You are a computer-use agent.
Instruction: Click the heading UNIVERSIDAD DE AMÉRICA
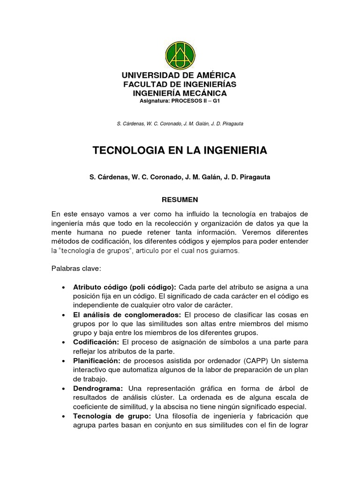click(179, 75)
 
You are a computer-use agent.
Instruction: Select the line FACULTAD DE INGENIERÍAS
click(180, 84)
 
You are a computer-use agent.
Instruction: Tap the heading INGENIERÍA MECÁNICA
click(180, 93)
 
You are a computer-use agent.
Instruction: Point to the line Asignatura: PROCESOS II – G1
click(180, 101)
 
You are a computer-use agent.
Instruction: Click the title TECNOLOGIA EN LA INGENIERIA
click(180, 150)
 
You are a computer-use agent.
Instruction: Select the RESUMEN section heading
click(180, 199)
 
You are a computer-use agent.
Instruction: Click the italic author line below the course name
click(180, 124)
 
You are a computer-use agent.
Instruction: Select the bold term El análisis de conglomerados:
click(127, 314)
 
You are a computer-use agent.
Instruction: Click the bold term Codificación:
click(96, 341)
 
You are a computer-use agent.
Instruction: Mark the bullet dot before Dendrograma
click(63, 388)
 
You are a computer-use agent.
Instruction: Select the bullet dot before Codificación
click(63, 342)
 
